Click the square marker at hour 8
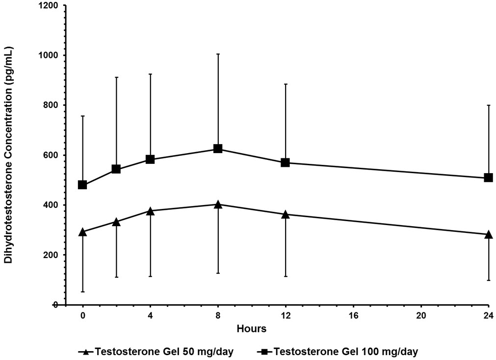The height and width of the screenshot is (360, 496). tap(218, 149)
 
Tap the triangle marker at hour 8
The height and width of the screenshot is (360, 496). tap(218, 204)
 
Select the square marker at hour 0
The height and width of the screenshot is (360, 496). tap(82, 185)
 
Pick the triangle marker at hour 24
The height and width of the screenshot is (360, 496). tap(488, 234)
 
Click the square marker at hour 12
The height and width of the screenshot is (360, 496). tap(285, 162)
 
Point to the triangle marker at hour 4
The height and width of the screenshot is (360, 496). tap(150, 211)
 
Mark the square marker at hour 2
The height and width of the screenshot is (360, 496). tap(116, 169)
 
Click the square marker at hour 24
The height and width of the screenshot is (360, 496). tap(488, 178)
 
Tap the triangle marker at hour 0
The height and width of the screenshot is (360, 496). tap(82, 231)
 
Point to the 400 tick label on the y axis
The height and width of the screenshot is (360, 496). tap(51, 205)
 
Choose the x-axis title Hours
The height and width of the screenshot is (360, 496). tap(251, 329)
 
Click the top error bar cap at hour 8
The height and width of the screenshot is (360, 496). tap(218, 54)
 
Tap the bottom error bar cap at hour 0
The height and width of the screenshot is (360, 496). tap(82, 292)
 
